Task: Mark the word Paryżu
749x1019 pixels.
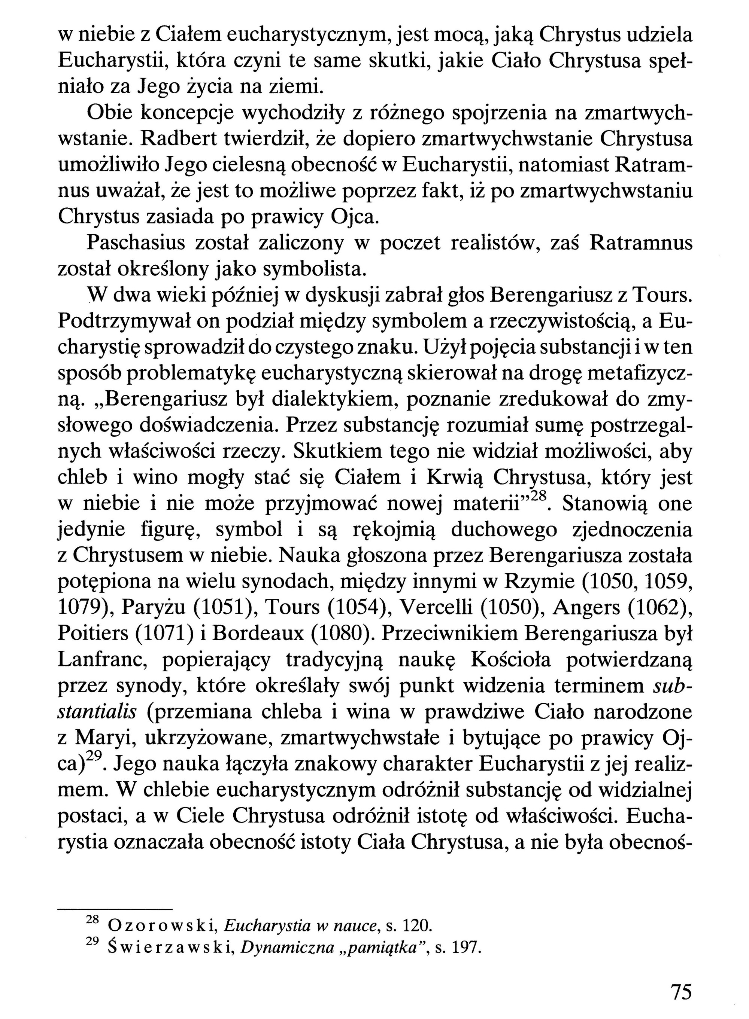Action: (153, 608)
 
